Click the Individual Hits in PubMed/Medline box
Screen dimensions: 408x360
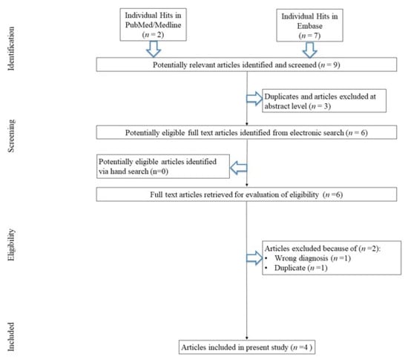(x=153, y=24)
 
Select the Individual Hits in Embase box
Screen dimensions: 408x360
(x=309, y=25)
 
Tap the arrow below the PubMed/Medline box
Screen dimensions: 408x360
(x=154, y=49)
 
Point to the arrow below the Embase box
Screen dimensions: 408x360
(x=309, y=50)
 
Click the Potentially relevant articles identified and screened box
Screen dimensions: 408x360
(x=246, y=65)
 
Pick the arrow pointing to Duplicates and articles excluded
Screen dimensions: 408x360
(x=254, y=99)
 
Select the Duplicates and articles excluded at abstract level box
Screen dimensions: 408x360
(x=324, y=101)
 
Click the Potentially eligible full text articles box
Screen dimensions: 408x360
(x=246, y=132)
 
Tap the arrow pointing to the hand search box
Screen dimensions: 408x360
(x=239, y=168)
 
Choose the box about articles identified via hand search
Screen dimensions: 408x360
(x=163, y=166)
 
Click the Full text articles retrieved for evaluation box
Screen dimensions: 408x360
(x=246, y=194)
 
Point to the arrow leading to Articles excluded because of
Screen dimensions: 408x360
(x=254, y=258)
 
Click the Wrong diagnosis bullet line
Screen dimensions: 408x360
(x=308, y=258)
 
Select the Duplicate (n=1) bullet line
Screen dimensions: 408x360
(x=296, y=268)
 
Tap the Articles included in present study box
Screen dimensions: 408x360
(x=247, y=347)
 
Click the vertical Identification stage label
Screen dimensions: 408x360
(x=11, y=48)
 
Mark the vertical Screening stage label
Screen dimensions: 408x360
(x=11, y=136)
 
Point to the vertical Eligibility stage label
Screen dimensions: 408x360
(x=11, y=245)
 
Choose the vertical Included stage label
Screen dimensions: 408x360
(x=11, y=337)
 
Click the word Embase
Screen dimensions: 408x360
(x=309, y=26)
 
